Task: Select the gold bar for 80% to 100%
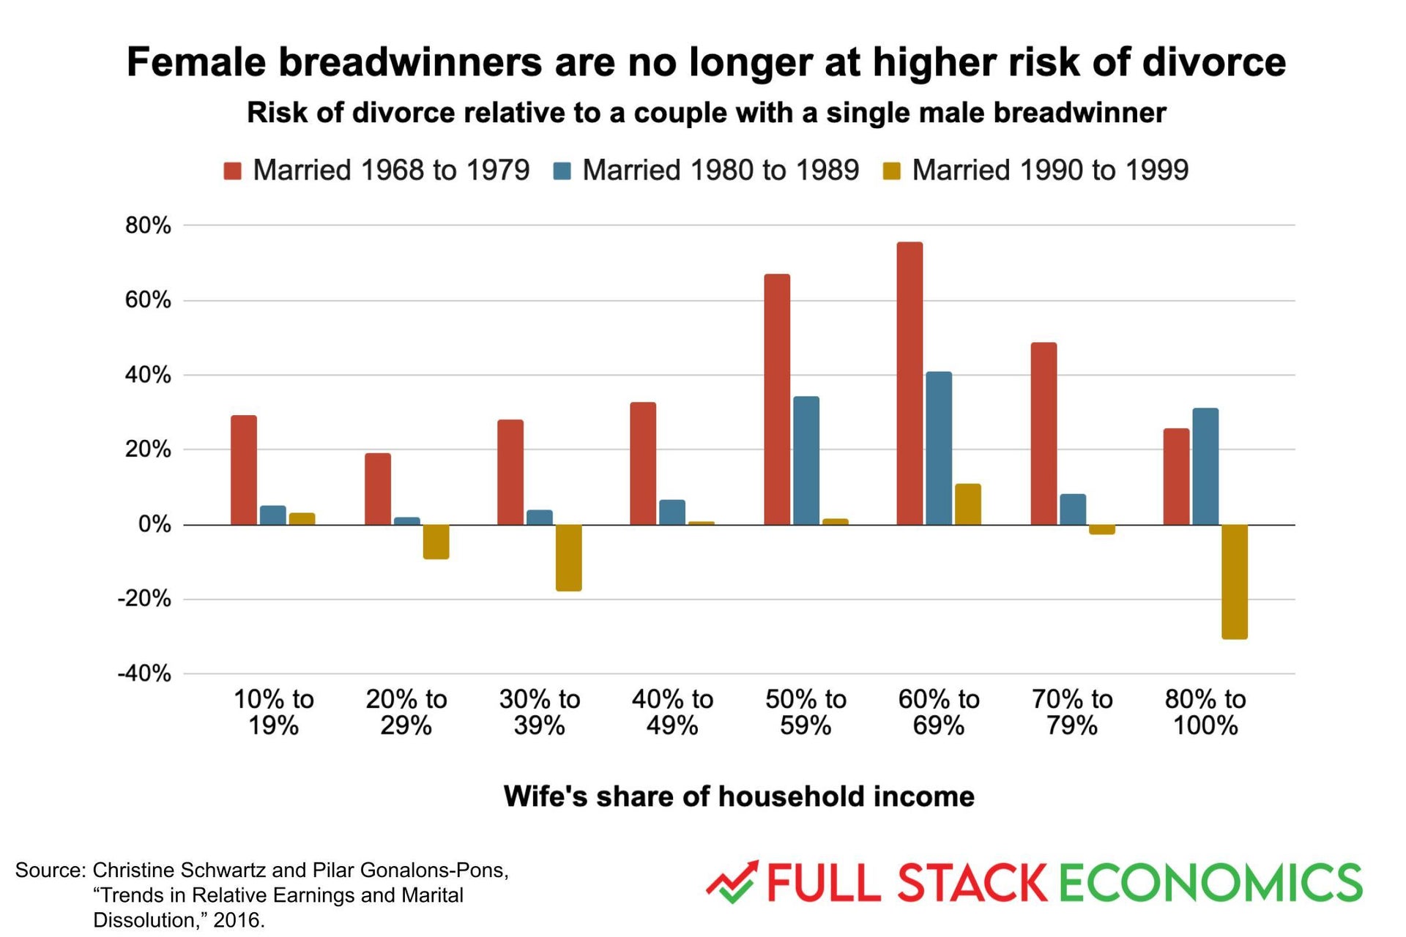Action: pyautogui.click(x=1235, y=582)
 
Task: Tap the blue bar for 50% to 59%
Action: pyautogui.click(x=806, y=460)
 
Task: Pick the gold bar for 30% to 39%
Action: pyautogui.click(x=569, y=558)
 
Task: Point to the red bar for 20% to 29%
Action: pyautogui.click(x=378, y=489)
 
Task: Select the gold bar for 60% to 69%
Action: pyautogui.click(x=968, y=504)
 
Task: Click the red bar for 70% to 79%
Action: pyautogui.click(x=1044, y=433)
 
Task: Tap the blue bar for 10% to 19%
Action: pyautogui.click(x=273, y=515)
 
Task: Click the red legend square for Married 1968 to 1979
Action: pyautogui.click(x=233, y=171)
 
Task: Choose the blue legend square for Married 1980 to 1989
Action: pyautogui.click(x=562, y=171)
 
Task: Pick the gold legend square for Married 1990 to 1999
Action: pyautogui.click(x=891, y=171)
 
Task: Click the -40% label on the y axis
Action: pyautogui.click(x=144, y=673)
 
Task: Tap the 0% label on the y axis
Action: pyautogui.click(x=155, y=524)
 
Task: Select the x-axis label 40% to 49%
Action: pyautogui.click(x=672, y=712)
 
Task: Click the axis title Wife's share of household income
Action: pyautogui.click(x=739, y=796)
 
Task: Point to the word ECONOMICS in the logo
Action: pyautogui.click(x=1210, y=883)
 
